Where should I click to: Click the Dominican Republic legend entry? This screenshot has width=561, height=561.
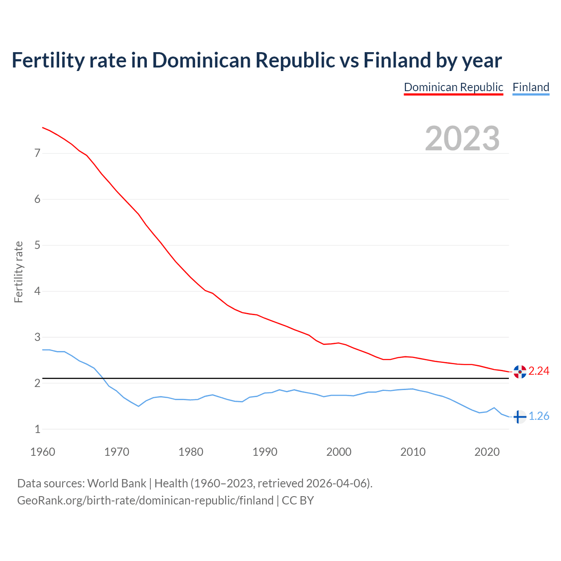click(x=453, y=87)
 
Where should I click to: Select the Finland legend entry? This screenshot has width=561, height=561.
click(x=531, y=87)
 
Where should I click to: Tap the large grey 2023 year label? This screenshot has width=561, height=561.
click(x=462, y=138)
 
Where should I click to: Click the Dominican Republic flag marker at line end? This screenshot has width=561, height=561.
click(x=519, y=372)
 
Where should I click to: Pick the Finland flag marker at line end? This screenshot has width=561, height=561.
click(x=519, y=417)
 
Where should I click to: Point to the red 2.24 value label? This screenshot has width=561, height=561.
click(x=539, y=371)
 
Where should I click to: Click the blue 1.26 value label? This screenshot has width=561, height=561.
click(x=539, y=416)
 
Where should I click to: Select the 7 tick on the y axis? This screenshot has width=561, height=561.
click(x=37, y=153)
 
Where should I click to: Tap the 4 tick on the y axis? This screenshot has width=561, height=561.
click(x=37, y=291)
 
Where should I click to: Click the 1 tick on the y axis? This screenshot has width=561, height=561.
click(x=37, y=430)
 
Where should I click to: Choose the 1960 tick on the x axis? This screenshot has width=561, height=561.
click(x=43, y=452)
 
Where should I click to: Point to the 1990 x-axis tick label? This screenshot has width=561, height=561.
click(x=265, y=452)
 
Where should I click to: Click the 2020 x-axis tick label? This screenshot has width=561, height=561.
click(x=487, y=452)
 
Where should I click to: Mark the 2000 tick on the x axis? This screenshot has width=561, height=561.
click(x=339, y=452)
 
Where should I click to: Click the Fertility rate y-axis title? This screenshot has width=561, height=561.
click(x=18, y=272)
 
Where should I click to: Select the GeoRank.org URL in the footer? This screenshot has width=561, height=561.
click(x=145, y=501)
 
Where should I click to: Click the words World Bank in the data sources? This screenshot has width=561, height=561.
click(x=117, y=483)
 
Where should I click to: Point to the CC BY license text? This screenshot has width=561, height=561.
click(x=298, y=501)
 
